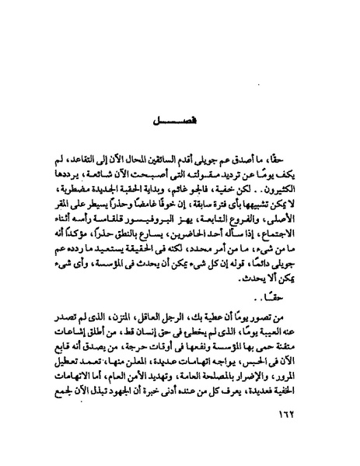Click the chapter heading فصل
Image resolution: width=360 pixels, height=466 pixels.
pos(180,123)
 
